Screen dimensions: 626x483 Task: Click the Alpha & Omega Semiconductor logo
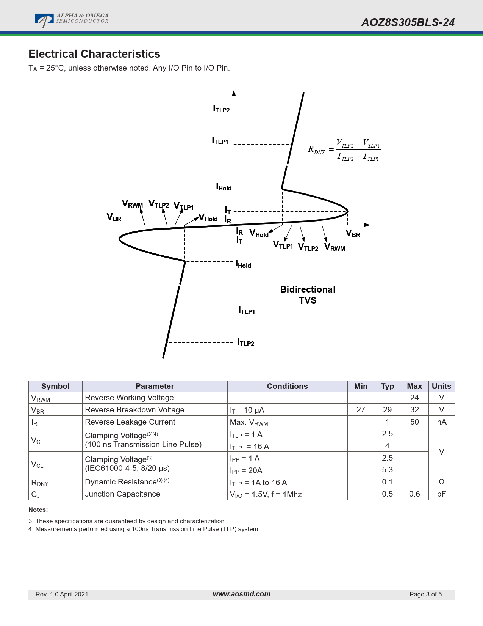pos(72,20)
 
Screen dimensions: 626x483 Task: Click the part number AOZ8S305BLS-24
pos(408,22)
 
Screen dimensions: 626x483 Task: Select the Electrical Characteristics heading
pos(94,54)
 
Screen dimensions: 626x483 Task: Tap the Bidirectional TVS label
pos(308,295)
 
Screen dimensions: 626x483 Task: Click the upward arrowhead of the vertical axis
pos(234,93)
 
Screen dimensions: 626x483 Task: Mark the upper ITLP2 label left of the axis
pos(221,109)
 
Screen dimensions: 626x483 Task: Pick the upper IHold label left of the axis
pos(224,187)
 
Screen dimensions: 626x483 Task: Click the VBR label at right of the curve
pos(353,234)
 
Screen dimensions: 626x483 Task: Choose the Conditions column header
pos(287,386)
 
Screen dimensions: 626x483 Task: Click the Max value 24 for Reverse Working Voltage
pos(414,398)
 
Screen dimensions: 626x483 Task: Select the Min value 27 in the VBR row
pos(361,410)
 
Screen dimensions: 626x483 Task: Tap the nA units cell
pos(441,422)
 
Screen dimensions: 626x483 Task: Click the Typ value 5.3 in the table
pos(387,470)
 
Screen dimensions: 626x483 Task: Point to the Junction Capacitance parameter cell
pos(122,494)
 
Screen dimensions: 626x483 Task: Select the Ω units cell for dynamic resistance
pos(441,482)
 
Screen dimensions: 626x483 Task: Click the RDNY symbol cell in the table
pos(40,483)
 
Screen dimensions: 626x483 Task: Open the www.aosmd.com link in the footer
pos(241,594)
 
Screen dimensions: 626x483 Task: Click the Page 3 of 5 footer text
pos(425,594)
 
